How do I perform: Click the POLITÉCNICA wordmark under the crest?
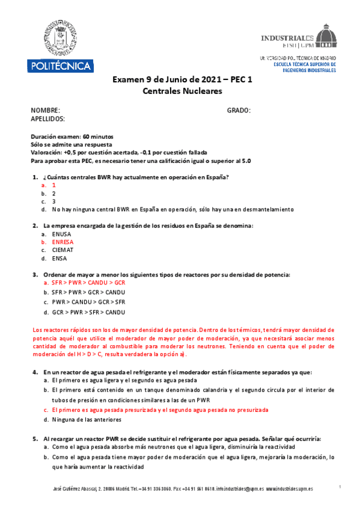coord(59,65)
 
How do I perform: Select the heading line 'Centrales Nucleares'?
coord(182,91)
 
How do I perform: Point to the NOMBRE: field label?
coord(45,110)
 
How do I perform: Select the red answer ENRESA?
coord(63,242)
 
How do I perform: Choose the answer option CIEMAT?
coord(63,250)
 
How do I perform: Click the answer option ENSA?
coord(59,258)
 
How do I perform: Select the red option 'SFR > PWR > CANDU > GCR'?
coord(88,282)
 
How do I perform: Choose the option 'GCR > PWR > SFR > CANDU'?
coord(88,312)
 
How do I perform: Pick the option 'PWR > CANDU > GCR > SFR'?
coord(88,302)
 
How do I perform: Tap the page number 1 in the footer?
coord(340,486)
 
